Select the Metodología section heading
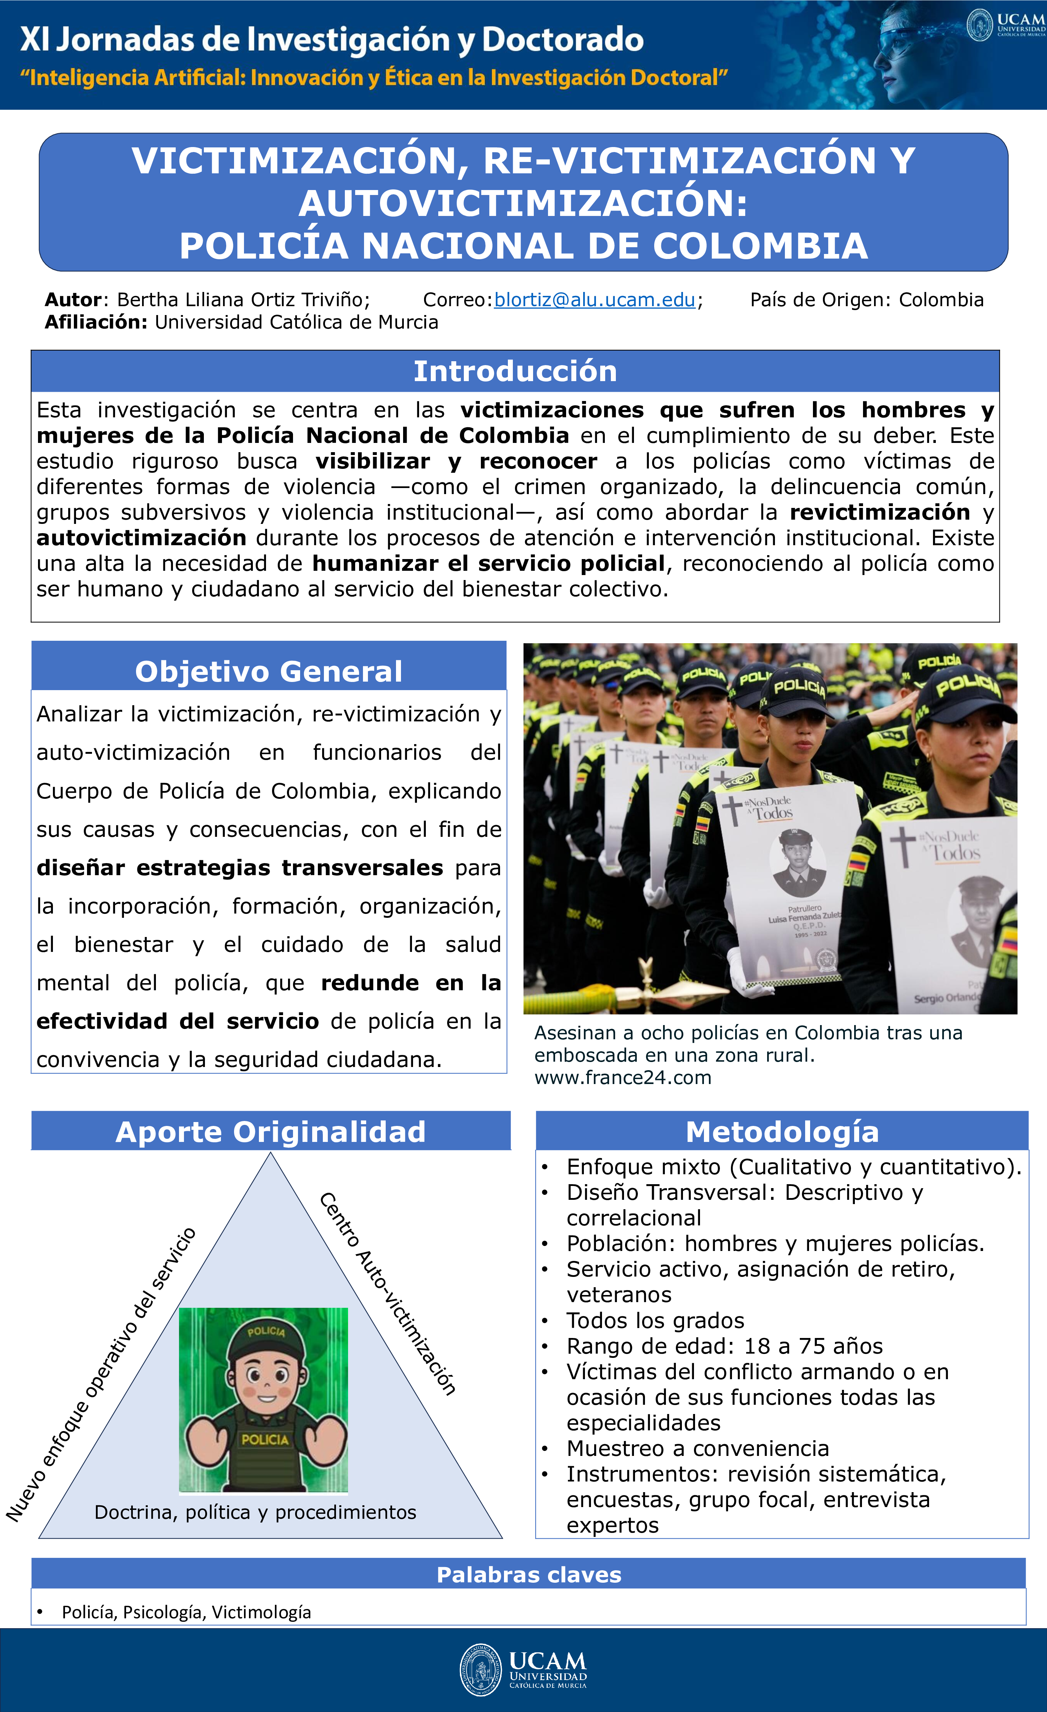782,1132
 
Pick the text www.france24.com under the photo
623,1078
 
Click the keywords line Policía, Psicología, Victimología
186,1612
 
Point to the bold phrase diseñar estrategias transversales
240,868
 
